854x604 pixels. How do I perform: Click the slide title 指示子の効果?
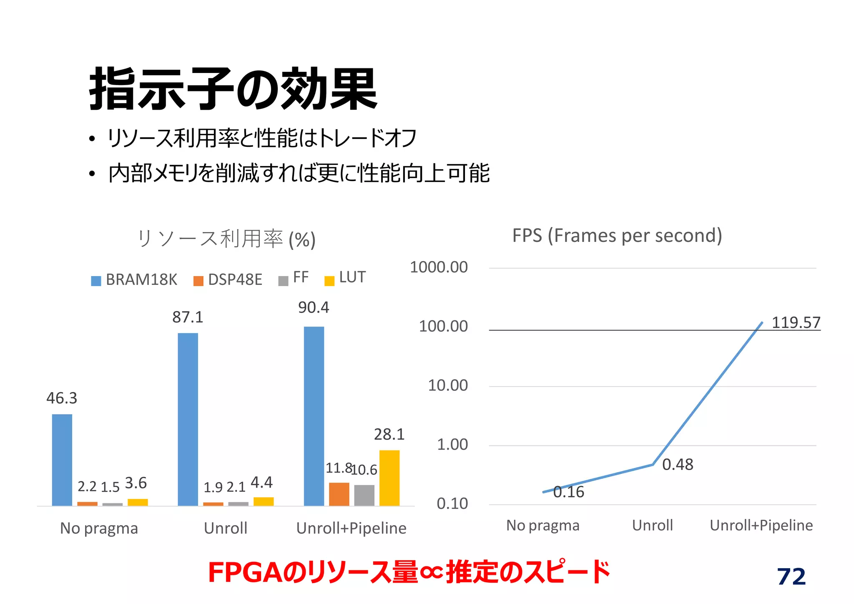pos(234,89)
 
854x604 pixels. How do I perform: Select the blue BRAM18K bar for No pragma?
pos(62,460)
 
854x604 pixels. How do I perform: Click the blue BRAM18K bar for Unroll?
pos(188,419)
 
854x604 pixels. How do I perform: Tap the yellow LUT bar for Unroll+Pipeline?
pos(389,478)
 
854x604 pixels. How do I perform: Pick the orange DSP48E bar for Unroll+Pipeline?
pos(339,494)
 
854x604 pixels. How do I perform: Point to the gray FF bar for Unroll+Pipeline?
pos(364,496)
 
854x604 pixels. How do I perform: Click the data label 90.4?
pos(314,308)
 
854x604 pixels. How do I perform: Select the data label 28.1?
pos(389,435)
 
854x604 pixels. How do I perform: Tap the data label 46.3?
pos(62,398)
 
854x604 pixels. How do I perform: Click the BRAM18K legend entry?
pos(135,280)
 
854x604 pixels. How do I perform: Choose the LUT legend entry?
pos(346,278)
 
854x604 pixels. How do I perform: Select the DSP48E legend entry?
pos(228,280)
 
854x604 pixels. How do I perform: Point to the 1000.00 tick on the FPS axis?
pos(439,267)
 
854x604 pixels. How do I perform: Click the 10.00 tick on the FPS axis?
pos(448,385)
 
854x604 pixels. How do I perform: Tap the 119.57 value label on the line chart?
pos(796,323)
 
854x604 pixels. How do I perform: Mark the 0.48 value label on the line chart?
pos(678,465)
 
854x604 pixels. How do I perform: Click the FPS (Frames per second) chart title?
pos(617,236)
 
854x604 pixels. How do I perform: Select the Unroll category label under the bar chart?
pos(226,528)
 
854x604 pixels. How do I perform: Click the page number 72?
pos(791,577)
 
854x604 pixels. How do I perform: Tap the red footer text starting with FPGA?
pos(409,573)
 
